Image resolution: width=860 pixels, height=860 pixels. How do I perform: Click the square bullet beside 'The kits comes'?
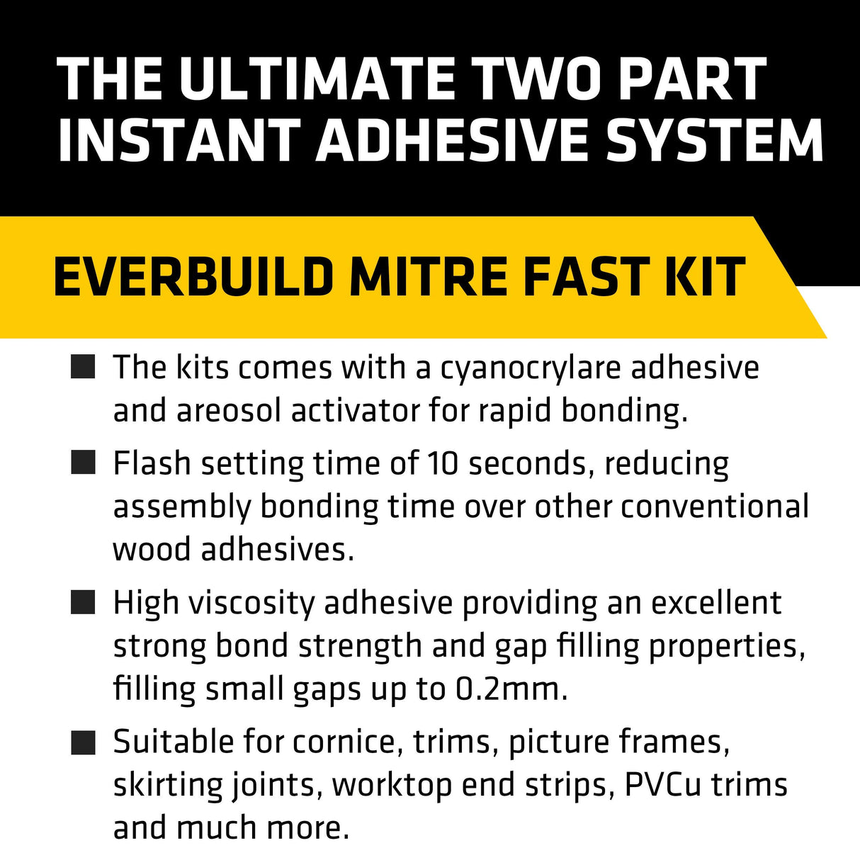(83, 368)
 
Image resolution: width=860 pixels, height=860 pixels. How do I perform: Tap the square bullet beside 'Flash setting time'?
(83, 464)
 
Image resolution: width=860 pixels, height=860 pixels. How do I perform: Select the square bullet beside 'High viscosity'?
(83, 604)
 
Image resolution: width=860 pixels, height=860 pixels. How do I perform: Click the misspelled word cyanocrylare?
(530, 368)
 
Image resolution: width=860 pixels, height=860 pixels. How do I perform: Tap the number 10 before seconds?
(443, 464)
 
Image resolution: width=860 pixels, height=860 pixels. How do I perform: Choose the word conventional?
(715, 507)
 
